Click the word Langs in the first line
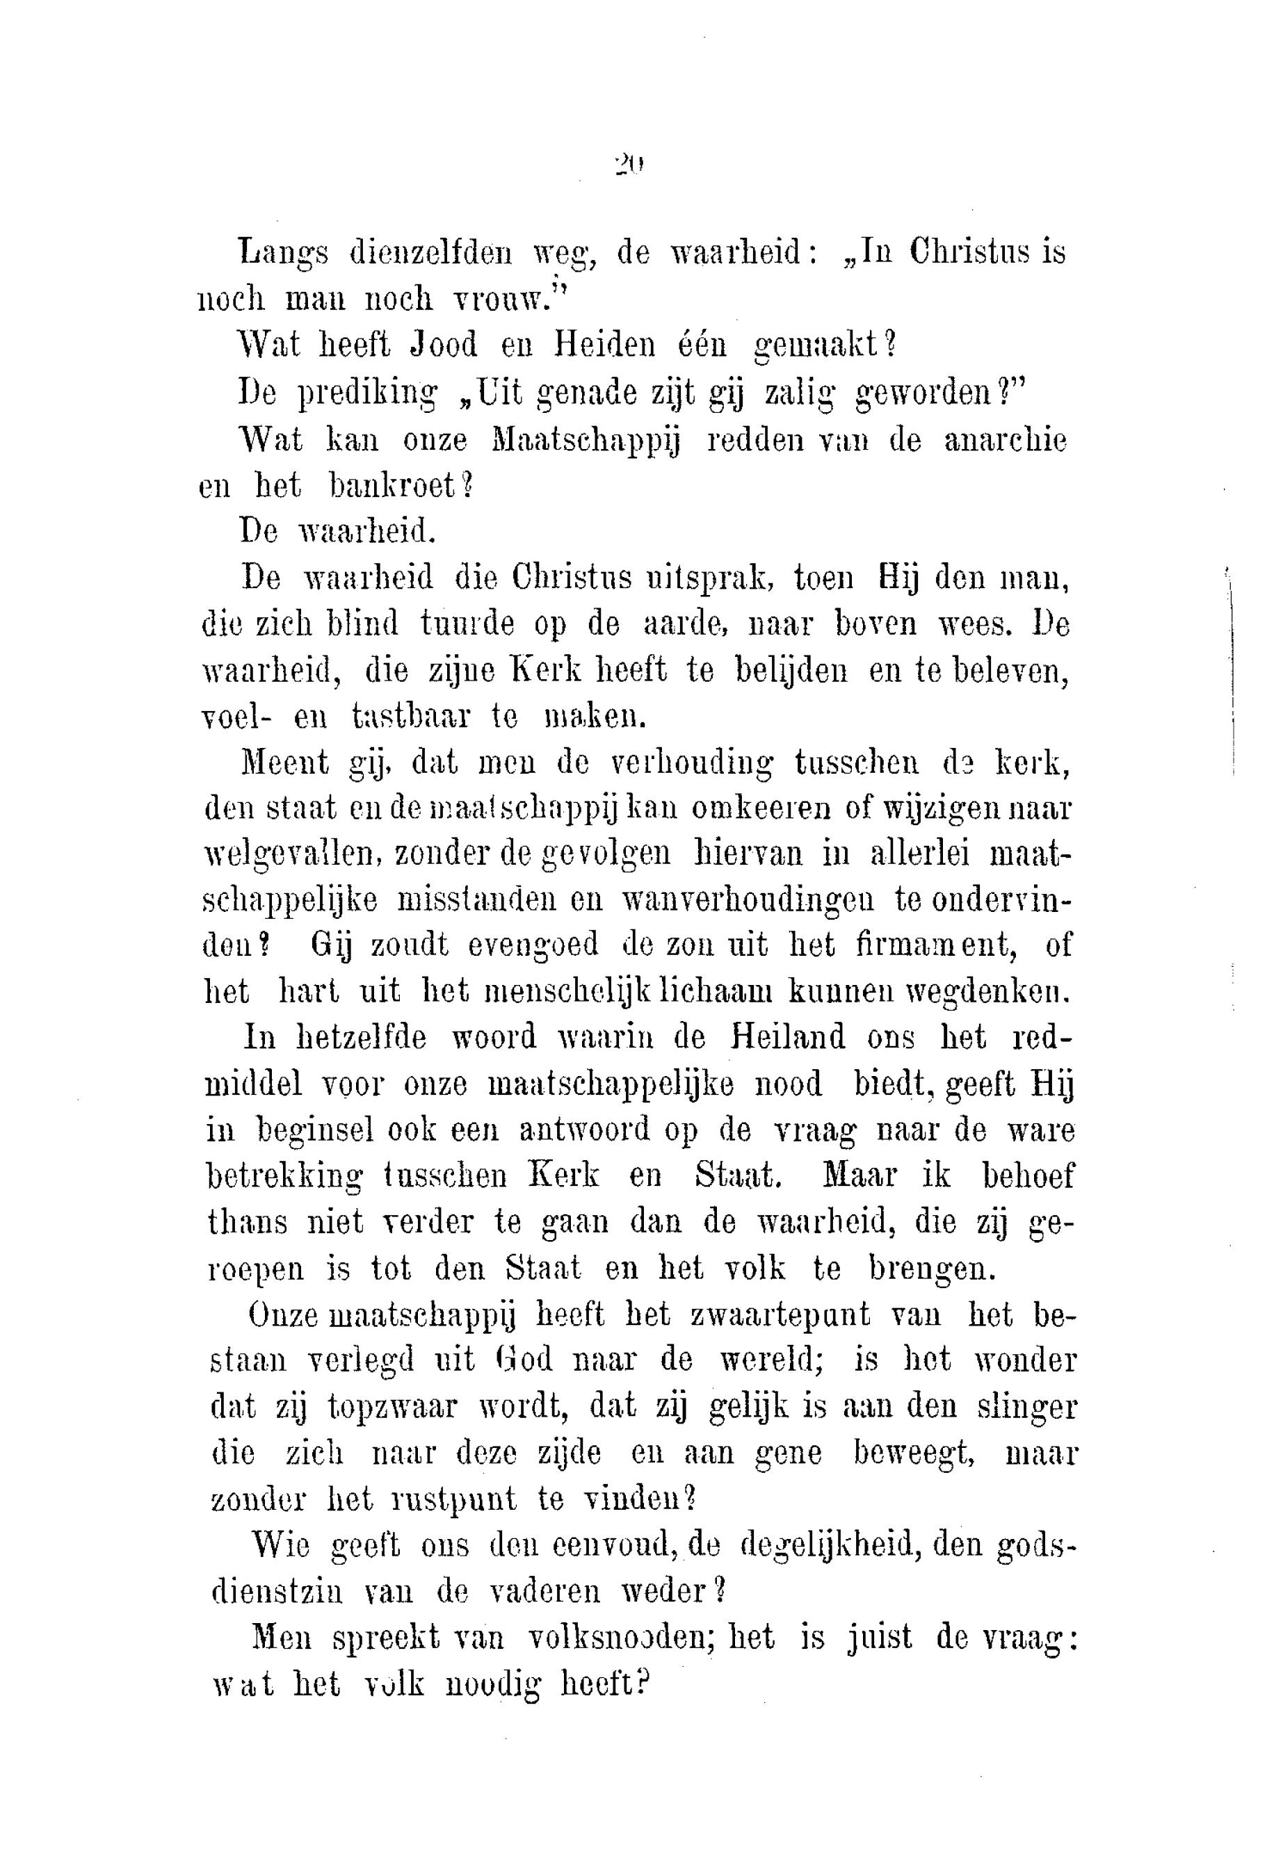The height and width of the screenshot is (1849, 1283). click(x=284, y=254)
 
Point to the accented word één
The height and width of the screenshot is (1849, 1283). click(x=704, y=345)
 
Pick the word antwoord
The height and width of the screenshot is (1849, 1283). click(x=583, y=1131)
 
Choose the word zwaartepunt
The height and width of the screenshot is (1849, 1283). click(x=779, y=1315)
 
